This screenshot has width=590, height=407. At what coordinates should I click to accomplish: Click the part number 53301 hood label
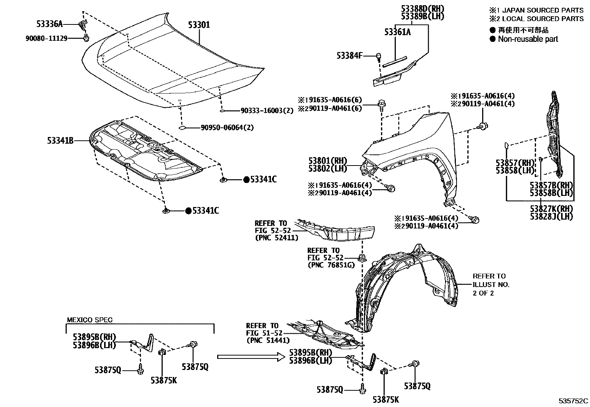click(x=199, y=25)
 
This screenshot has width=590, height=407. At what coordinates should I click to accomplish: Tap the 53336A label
click(x=49, y=24)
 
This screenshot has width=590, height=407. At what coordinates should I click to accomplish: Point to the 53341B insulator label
click(x=60, y=140)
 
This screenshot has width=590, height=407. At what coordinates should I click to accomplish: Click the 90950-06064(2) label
click(x=227, y=127)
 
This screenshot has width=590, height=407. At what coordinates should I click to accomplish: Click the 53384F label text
click(x=349, y=56)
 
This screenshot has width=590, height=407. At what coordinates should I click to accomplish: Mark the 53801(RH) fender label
click(x=327, y=161)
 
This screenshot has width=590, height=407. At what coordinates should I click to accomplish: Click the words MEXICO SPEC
click(x=90, y=320)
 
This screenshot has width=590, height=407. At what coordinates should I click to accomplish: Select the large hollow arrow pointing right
click(x=251, y=357)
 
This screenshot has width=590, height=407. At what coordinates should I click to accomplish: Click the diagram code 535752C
click(x=574, y=401)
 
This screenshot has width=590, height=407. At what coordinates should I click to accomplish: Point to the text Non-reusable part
click(x=528, y=39)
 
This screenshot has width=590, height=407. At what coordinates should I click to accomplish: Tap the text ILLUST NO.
click(x=491, y=284)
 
